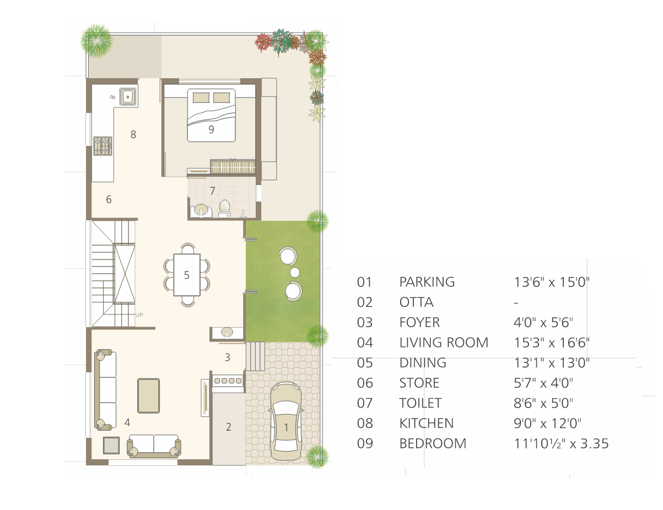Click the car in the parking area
click(x=286, y=421)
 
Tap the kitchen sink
click(x=128, y=96)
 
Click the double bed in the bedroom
click(x=211, y=115)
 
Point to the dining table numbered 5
click(x=187, y=275)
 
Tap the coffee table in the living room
click(x=149, y=395)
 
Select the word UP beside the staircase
click(x=139, y=315)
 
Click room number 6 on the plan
click(x=109, y=199)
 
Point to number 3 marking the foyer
click(x=227, y=357)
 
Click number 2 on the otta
click(x=229, y=427)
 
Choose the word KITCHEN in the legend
click(x=426, y=423)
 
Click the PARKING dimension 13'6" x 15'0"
click(x=552, y=282)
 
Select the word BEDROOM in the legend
click(x=433, y=443)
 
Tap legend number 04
click(x=365, y=343)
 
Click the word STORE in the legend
click(x=419, y=383)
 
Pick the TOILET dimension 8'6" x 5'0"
click(x=543, y=403)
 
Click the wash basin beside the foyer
click(x=227, y=332)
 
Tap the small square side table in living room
click(x=111, y=446)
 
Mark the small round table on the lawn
click(x=295, y=272)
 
